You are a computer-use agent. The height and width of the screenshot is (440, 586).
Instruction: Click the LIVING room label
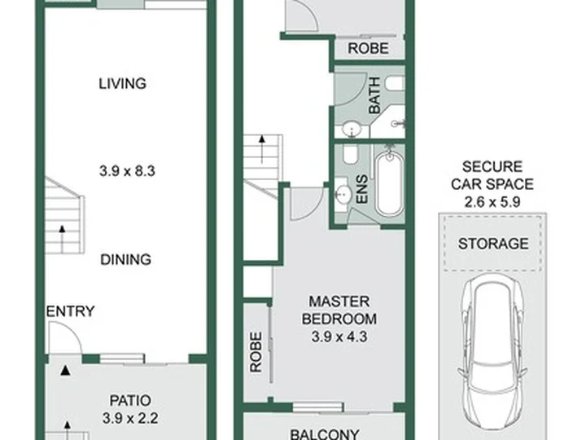[x=123, y=83]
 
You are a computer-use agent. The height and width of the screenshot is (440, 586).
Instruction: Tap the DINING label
[x=125, y=259]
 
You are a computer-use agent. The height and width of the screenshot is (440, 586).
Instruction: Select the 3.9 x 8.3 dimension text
[x=127, y=171]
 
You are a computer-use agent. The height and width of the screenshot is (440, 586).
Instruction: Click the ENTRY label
[x=70, y=311]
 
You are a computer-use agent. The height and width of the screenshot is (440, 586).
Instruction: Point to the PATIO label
[x=130, y=401]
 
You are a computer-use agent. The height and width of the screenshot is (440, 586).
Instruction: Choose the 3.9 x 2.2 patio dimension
[x=130, y=418]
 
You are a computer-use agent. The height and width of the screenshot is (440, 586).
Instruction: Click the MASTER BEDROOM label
[x=339, y=310]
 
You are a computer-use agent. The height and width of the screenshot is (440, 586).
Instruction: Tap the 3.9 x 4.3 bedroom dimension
[x=339, y=337]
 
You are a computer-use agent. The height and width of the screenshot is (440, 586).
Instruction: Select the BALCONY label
[x=325, y=434]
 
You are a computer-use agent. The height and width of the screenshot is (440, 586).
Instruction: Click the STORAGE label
[x=493, y=244]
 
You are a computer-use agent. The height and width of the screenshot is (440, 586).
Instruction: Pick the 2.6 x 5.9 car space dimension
[x=492, y=202]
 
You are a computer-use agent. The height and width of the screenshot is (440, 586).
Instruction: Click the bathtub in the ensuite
[x=389, y=183]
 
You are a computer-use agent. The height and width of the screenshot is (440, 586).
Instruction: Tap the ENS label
[x=362, y=190]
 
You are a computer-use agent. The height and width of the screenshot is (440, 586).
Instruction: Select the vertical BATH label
[x=374, y=95]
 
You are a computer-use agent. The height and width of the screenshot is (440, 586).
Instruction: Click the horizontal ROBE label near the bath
[x=368, y=48]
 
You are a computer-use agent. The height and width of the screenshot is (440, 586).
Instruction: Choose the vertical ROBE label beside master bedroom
[x=256, y=353]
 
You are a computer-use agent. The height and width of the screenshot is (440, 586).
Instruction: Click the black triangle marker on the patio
[x=66, y=371]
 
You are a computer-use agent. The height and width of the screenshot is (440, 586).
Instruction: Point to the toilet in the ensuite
[x=351, y=155]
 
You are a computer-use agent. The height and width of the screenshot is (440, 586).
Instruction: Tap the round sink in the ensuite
[x=343, y=194]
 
